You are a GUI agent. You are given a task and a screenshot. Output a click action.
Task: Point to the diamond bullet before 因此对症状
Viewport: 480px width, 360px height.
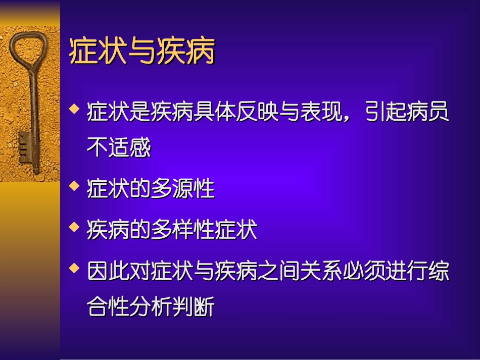pyautogui.click(x=75, y=268)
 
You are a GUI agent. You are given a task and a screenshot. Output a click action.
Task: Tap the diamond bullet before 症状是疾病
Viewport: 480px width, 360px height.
pyautogui.click(x=75, y=108)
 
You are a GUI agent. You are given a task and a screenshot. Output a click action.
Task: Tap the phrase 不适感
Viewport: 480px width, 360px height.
pyautogui.click(x=119, y=148)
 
